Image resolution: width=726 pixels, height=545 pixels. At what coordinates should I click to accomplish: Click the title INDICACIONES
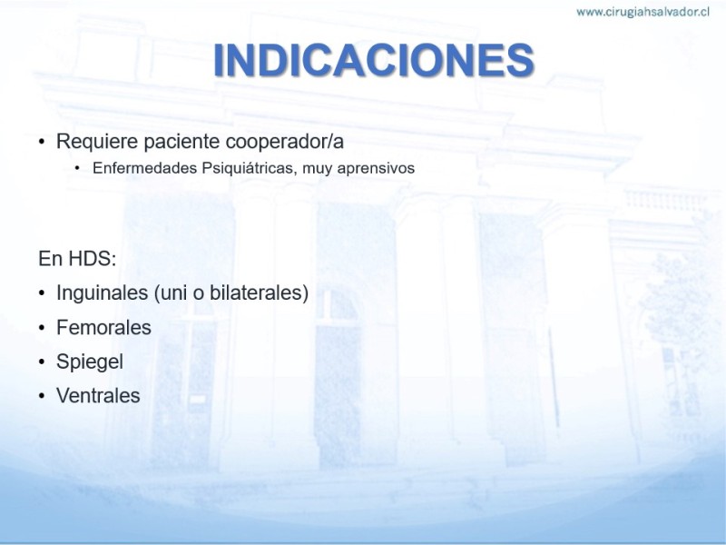(374, 60)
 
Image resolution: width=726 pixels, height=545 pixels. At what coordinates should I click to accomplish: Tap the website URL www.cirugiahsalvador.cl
(643, 12)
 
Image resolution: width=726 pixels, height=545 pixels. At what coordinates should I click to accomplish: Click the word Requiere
(97, 142)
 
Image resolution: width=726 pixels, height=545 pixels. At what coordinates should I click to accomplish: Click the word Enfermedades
(145, 168)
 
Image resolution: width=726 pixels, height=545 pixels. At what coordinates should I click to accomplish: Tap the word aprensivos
(376, 168)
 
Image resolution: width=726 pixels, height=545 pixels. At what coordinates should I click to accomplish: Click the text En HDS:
(77, 259)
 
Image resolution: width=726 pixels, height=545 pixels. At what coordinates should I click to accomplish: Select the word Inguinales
(103, 292)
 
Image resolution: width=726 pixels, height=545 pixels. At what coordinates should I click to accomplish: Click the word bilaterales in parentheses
(256, 292)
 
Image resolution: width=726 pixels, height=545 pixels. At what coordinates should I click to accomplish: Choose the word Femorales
(103, 328)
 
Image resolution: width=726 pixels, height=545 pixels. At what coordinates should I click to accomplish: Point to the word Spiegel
(90, 362)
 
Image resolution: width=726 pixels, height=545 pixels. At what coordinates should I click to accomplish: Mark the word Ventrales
(98, 396)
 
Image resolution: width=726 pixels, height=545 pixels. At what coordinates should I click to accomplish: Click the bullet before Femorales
(42, 328)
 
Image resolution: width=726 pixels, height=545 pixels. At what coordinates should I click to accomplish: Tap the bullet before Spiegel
(42, 362)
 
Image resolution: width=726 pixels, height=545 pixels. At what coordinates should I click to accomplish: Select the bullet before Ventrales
(42, 396)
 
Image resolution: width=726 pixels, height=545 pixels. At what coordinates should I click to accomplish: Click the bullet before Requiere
(42, 142)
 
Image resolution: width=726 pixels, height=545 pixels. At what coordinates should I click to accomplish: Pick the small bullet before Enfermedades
(77, 168)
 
